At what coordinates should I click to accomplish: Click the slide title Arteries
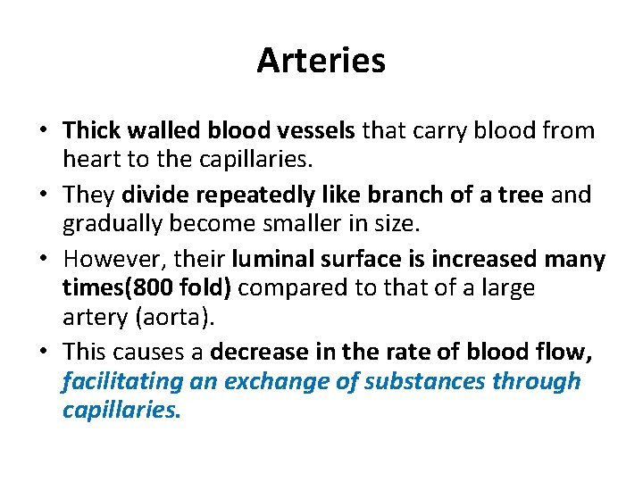point(321,61)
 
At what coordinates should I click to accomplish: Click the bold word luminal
point(272,259)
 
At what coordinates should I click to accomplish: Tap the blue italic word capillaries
point(121,411)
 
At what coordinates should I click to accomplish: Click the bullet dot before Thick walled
point(43,131)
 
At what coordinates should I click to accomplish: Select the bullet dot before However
point(43,260)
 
